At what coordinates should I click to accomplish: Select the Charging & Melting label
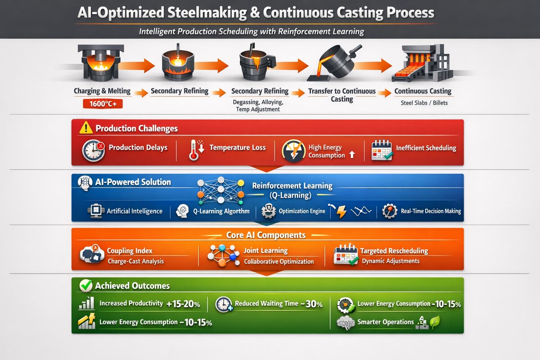point(102,91)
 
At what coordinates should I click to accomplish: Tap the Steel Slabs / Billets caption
point(424,103)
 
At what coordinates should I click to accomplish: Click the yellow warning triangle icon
point(85,128)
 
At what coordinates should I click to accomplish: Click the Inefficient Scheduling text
point(426,148)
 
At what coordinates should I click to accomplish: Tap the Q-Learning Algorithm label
point(221,211)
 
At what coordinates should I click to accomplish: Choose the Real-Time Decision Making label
point(431,211)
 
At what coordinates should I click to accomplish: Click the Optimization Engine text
point(301,211)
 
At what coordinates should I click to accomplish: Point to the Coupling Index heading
point(130,251)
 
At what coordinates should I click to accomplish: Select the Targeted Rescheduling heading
point(394,251)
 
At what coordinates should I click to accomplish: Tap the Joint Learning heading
point(265,251)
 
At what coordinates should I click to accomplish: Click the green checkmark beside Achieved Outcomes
point(85,285)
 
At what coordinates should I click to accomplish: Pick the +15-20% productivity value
point(183,304)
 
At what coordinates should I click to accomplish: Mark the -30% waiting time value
point(312,304)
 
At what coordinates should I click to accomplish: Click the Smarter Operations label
point(385,322)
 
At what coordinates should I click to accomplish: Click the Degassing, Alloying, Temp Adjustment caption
point(258,106)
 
